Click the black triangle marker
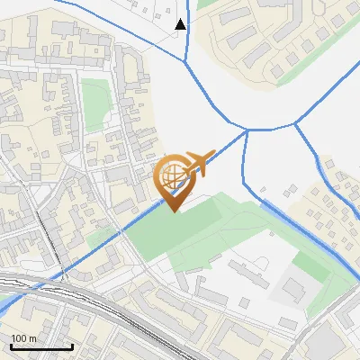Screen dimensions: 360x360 [181, 24]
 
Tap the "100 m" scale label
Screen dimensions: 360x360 [23, 338]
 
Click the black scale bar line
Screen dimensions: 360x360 [41, 346]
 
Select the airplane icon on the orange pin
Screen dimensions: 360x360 [196, 163]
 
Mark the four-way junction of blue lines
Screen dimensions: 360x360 [247, 130]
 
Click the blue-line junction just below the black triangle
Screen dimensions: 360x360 [186, 61]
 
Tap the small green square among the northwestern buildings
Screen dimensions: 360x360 [94, 94]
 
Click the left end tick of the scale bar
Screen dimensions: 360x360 [11, 346]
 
